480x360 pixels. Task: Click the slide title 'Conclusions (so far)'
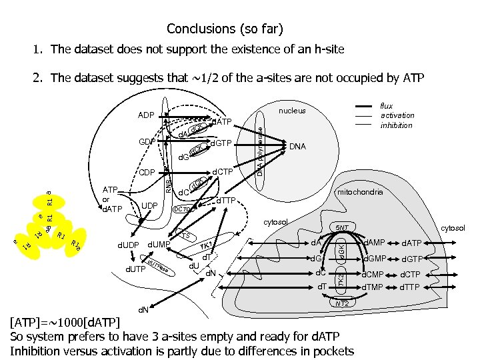pyautogui.click(x=225, y=29)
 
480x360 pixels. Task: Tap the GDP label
pyautogui.click(x=147, y=142)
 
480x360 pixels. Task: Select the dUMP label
pyautogui.click(x=159, y=245)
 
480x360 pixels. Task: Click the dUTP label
pyautogui.click(x=136, y=269)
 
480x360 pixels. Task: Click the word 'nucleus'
pyautogui.click(x=292, y=111)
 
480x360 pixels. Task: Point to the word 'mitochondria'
pyautogui.click(x=359, y=191)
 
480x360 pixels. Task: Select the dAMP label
pyautogui.click(x=374, y=242)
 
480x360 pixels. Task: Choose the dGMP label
pyautogui.click(x=374, y=258)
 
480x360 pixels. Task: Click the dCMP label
pyautogui.click(x=374, y=273)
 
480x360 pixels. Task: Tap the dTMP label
pyautogui.click(x=374, y=287)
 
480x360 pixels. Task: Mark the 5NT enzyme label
pyautogui.click(x=342, y=227)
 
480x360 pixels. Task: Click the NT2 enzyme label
pyautogui.click(x=342, y=303)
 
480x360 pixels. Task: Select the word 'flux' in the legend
pyautogui.click(x=387, y=105)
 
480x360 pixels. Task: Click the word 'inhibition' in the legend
pyautogui.click(x=397, y=125)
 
